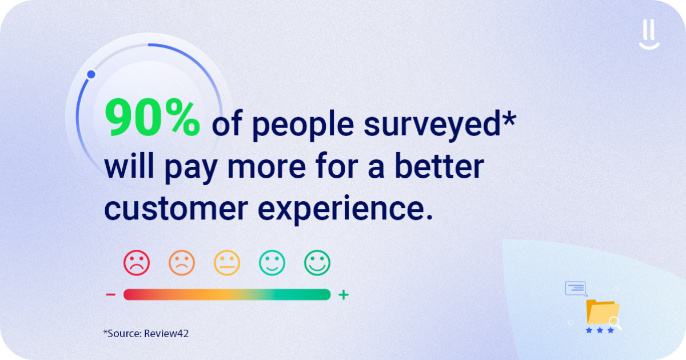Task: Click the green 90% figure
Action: click(x=152, y=118)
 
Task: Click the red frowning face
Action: click(x=137, y=263)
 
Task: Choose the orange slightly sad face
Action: click(x=182, y=263)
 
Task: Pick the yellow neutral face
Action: click(x=227, y=263)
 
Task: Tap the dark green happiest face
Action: click(x=317, y=263)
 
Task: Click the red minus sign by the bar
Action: click(x=111, y=295)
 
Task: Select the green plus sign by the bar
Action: click(x=343, y=295)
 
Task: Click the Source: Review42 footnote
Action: click(x=146, y=333)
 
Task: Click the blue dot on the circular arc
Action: click(x=91, y=74)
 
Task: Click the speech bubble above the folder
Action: click(x=576, y=288)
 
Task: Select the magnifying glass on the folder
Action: click(x=615, y=323)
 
